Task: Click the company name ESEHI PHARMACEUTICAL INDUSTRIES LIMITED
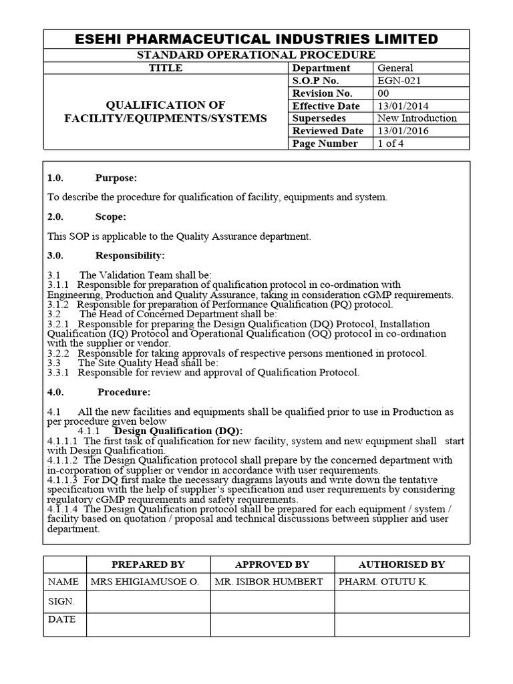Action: pyautogui.click(x=256, y=39)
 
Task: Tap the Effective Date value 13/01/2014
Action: pyautogui.click(x=403, y=106)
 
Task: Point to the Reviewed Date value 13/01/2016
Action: pyautogui.click(x=403, y=131)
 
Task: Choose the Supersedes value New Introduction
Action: pyautogui.click(x=417, y=118)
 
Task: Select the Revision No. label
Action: pyautogui.click(x=322, y=93)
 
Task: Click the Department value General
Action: pyautogui.click(x=395, y=67)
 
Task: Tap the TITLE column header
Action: pyautogui.click(x=166, y=67)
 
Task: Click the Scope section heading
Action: pyautogui.click(x=110, y=217)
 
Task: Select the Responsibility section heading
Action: pyautogui.click(x=130, y=255)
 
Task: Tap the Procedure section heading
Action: pyautogui.click(x=124, y=391)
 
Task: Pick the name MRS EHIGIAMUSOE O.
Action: pyautogui.click(x=144, y=582)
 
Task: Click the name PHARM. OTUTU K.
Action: pyautogui.click(x=383, y=582)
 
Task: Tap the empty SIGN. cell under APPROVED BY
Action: pyautogui.click(x=273, y=601)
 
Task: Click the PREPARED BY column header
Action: pyautogui.click(x=148, y=564)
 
